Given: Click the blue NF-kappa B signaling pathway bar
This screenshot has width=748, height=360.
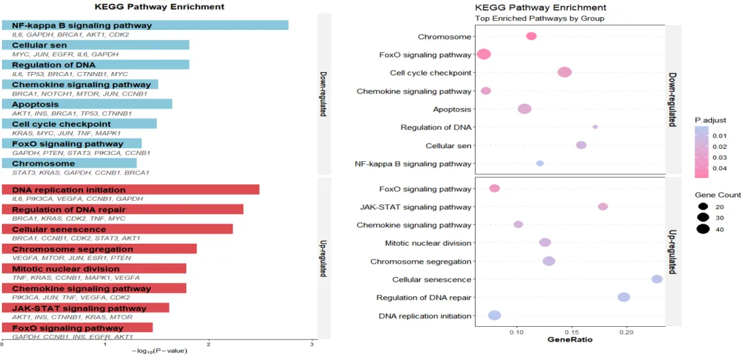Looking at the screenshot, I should click(x=145, y=25).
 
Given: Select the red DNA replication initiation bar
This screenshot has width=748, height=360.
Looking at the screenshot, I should click(x=131, y=190).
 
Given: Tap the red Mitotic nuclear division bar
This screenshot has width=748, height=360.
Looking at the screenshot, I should click(x=94, y=269).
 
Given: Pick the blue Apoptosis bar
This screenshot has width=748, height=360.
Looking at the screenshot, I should click(x=87, y=104).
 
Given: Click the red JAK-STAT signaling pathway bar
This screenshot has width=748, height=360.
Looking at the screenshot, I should click(x=86, y=308).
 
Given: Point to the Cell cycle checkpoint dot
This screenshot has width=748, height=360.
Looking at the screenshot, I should click(x=564, y=73).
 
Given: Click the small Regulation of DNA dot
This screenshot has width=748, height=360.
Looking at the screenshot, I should click(x=595, y=127).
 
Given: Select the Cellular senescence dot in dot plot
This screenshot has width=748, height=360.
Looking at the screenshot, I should click(x=657, y=279).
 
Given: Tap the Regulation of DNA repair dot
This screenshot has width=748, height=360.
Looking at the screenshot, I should click(x=623, y=297).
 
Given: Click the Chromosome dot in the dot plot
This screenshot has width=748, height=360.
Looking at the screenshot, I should click(x=531, y=36).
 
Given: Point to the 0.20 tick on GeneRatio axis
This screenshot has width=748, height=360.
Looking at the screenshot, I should click(x=626, y=332).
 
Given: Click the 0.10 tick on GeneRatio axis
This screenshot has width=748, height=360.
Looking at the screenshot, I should click(x=517, y=332).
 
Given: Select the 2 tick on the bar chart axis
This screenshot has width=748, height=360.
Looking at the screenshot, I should click(x=208, y=343).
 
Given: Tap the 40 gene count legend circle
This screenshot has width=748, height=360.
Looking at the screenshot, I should click(x=702, y=230).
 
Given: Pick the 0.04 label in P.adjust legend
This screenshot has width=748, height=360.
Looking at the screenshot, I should click(x=720, y=168).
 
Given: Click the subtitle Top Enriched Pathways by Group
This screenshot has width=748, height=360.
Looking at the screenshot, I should click(x=539, y=18).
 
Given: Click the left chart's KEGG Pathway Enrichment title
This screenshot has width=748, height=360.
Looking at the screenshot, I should click(x=159, y=6).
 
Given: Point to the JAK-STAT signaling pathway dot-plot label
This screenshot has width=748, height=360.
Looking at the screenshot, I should click(x=416, y=207).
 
